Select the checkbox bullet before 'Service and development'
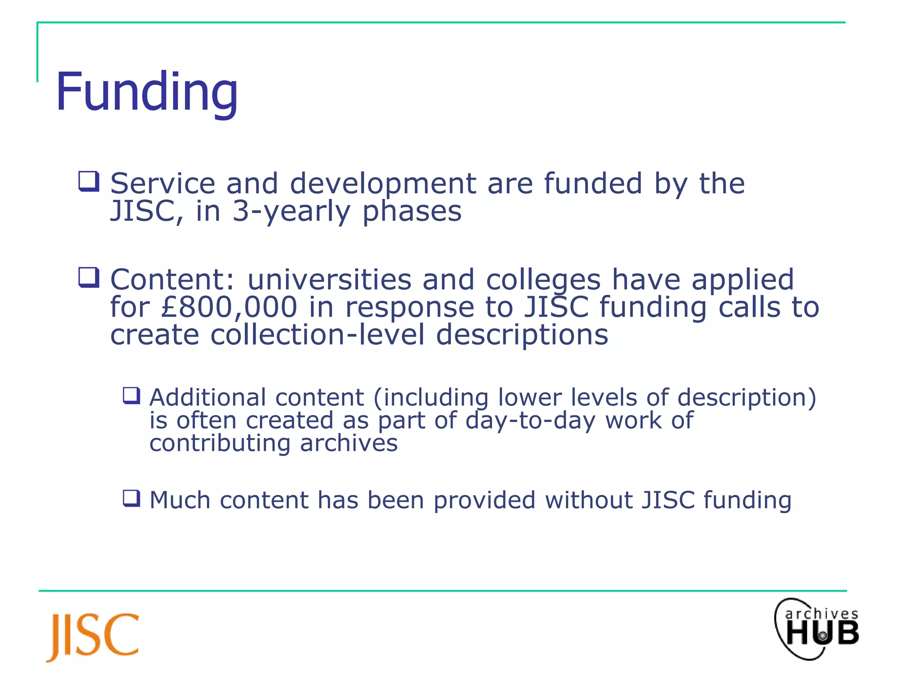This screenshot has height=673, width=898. pyautogui.click(x=89, y=181)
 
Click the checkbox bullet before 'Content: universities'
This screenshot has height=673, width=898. pyautogui.click(x=89, y=278)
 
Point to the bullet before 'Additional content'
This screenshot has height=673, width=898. pyautogui.click(x=132, y=396)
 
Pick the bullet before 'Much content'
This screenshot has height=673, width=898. pyautogui.click(x=132, y=498)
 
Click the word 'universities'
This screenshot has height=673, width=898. pyautogui.click(x=329, y=280)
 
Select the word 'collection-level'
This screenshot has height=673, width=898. pyautogui.click(x=318, y=335)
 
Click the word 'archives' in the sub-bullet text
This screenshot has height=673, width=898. pyautogui.click(x=349, y=443)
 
